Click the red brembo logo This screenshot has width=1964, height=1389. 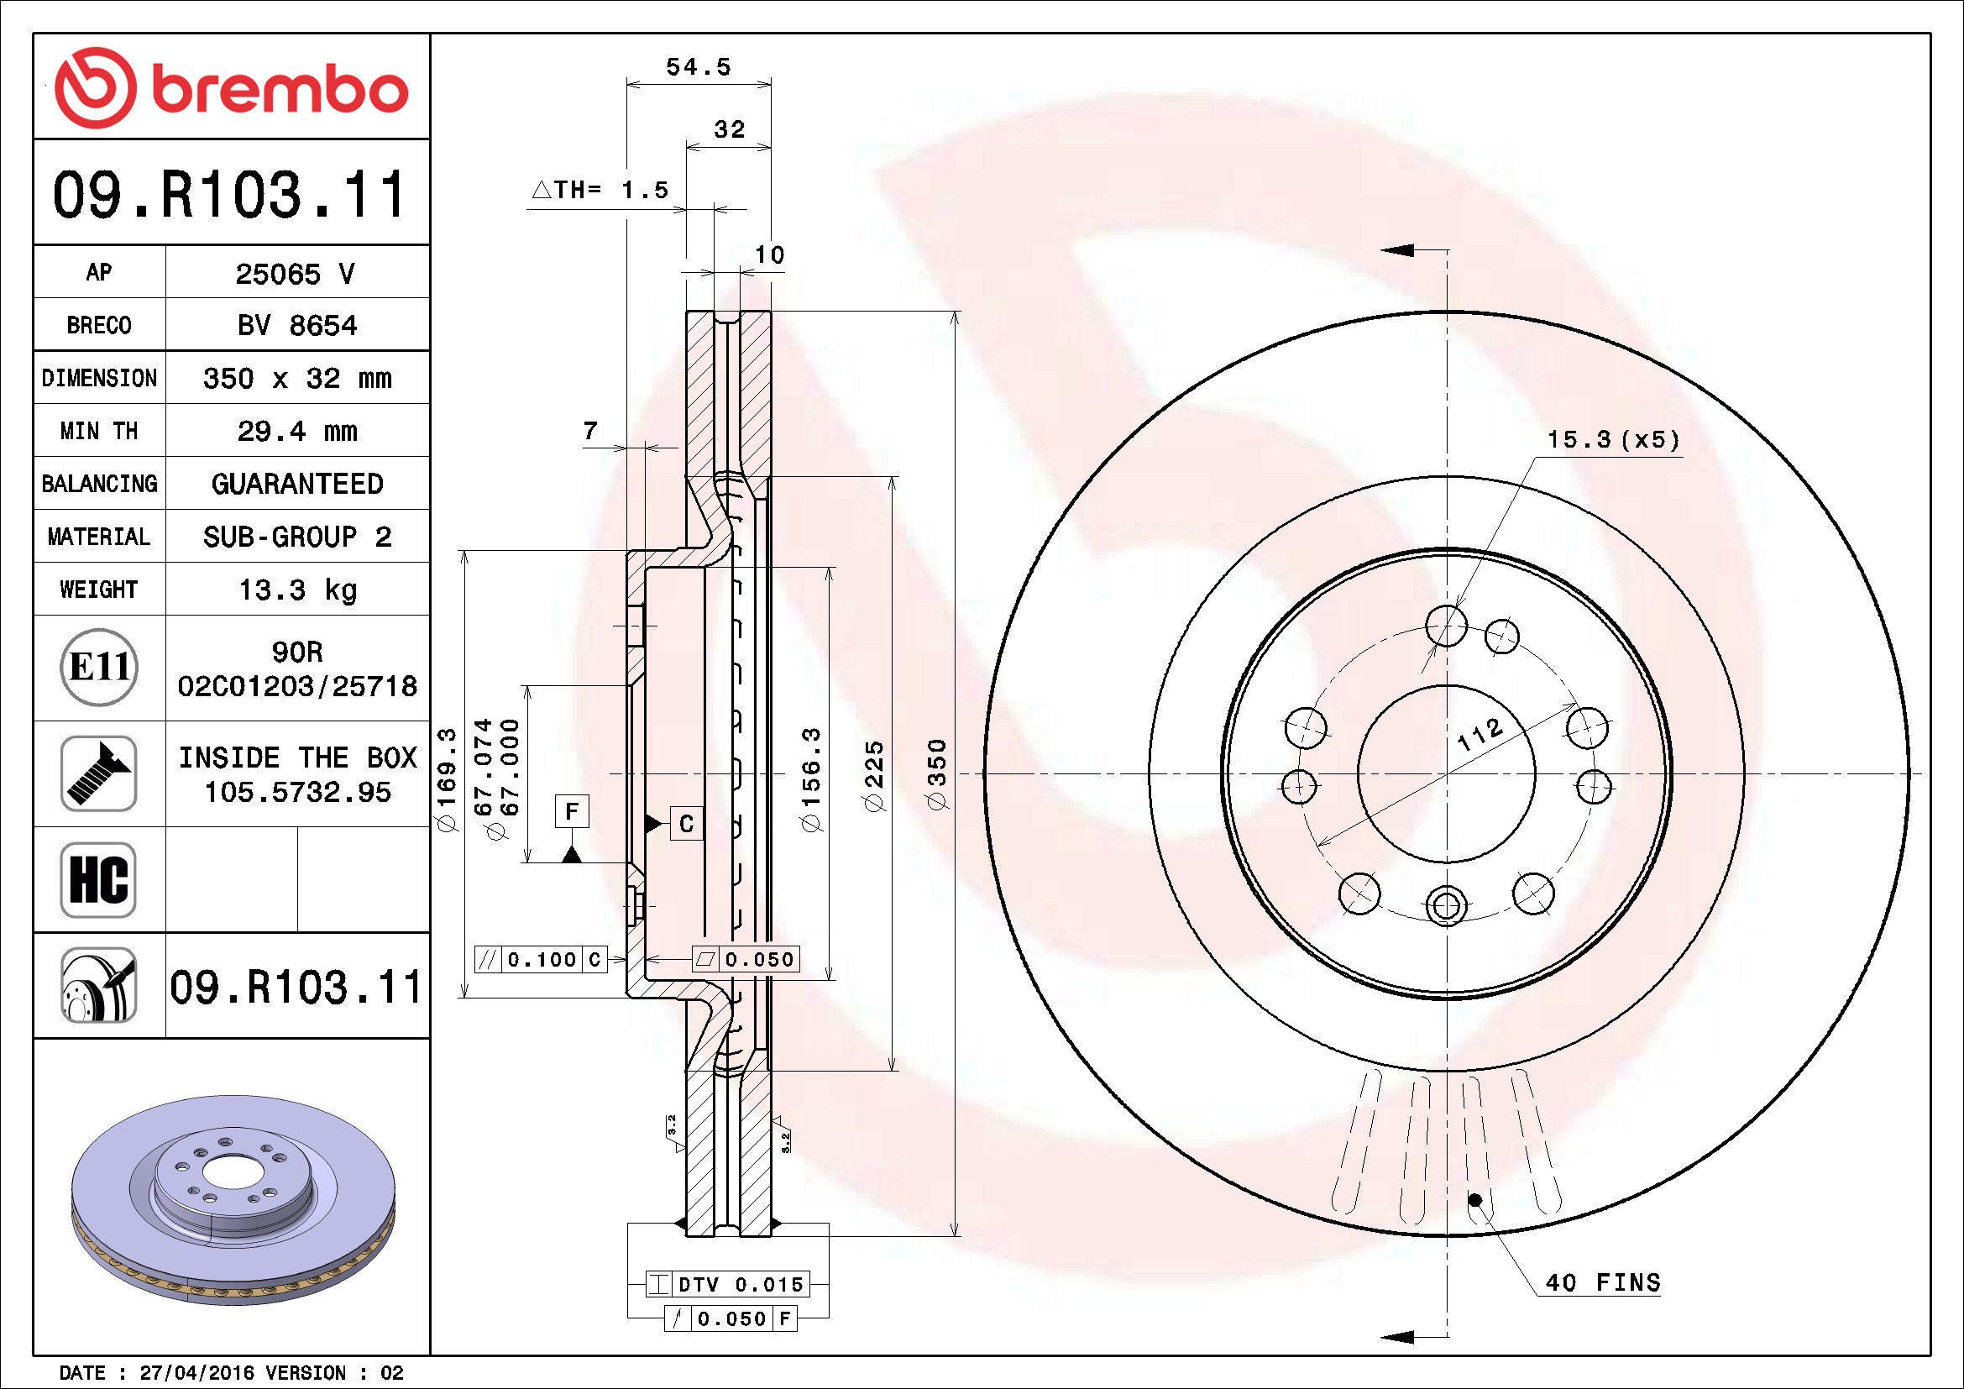[231, 88]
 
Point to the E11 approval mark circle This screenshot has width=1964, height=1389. [99, 667]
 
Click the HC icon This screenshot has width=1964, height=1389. [99, 879]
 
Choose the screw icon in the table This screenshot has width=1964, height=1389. [99, 773]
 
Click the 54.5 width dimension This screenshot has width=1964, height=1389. [698, 66]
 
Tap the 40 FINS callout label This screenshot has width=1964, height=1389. [1603, 1282]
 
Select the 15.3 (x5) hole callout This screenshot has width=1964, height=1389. [1613, 439]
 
